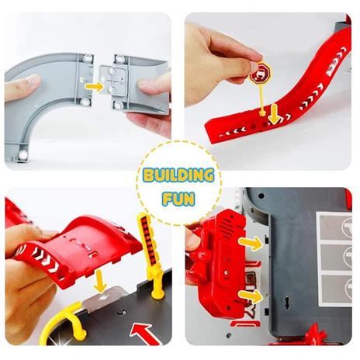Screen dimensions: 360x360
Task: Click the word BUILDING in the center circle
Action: click(x=179, y=175)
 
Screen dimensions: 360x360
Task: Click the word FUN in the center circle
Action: click(x=178, y=199)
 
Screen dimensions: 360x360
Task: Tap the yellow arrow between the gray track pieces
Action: click(x=95, y=87)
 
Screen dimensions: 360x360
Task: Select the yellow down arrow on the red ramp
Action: click(x=274, y=114)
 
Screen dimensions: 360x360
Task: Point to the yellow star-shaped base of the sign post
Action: click(x=263, y=112)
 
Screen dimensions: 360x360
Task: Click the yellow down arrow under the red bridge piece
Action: click(x=99, y=282)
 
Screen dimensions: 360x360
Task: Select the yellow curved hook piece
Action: click(x=64, y=320)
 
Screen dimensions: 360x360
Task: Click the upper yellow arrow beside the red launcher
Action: click(x=251, y=244)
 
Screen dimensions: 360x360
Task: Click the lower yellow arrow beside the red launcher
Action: click(x=251, y=296)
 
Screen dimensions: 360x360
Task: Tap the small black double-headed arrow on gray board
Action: click(x=286, y=303)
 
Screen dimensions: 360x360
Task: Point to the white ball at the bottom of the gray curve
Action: click(x=22, y=155)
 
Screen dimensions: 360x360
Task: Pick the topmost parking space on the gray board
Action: click(x=334, y=227)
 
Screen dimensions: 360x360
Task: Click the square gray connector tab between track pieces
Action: click(x=114, y=79)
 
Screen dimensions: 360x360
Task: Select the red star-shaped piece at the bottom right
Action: click(x=313, y=336)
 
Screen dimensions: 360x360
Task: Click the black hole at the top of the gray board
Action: click(x=261, y=196)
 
